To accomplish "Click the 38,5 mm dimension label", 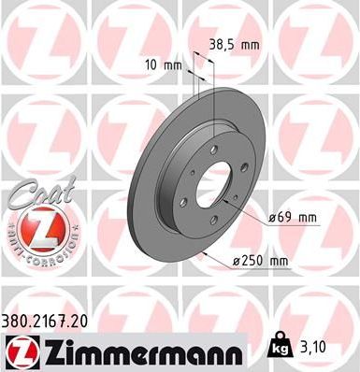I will click(233, 43).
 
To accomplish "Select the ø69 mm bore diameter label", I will click(293, 217).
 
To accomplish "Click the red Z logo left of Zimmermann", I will click(19, 352).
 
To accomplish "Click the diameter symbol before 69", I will click(271, 217).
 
